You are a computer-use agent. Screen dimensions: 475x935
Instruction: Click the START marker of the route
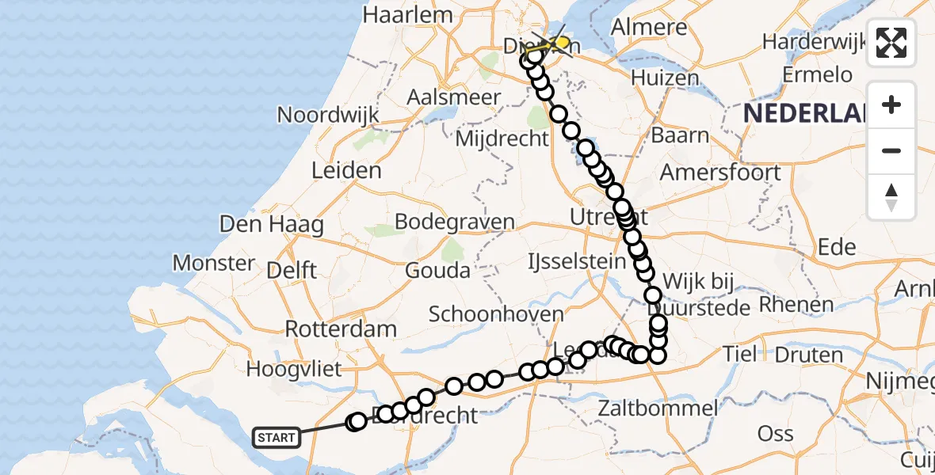(x=277, y=437)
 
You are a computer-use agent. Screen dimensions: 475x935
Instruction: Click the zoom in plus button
(x=891, y=104)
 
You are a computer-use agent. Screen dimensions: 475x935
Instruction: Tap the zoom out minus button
(x=891, y=150)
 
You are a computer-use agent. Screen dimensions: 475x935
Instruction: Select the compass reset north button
(x=891, y=196)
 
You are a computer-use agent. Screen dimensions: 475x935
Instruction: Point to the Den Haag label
(x=272, y=224)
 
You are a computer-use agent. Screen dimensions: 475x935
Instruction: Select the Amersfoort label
(x=720, y=172)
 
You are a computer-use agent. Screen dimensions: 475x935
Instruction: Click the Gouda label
(x=437, y=270)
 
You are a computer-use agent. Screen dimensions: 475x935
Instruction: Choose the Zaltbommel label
(x=658, y=408)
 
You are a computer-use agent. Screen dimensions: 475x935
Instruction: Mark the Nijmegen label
(x=900, y=382)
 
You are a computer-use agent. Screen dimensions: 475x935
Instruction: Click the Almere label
(x=649, y=27)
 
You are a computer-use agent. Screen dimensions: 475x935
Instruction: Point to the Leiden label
(x=346, y=170)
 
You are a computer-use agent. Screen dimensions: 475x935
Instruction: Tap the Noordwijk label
(x=328, y=115)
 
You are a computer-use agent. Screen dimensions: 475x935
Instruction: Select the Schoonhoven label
(x=496, y=313)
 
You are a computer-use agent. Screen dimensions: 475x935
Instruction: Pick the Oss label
(x=775, y=433)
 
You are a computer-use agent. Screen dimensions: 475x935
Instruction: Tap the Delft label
(x=292, y=270)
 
